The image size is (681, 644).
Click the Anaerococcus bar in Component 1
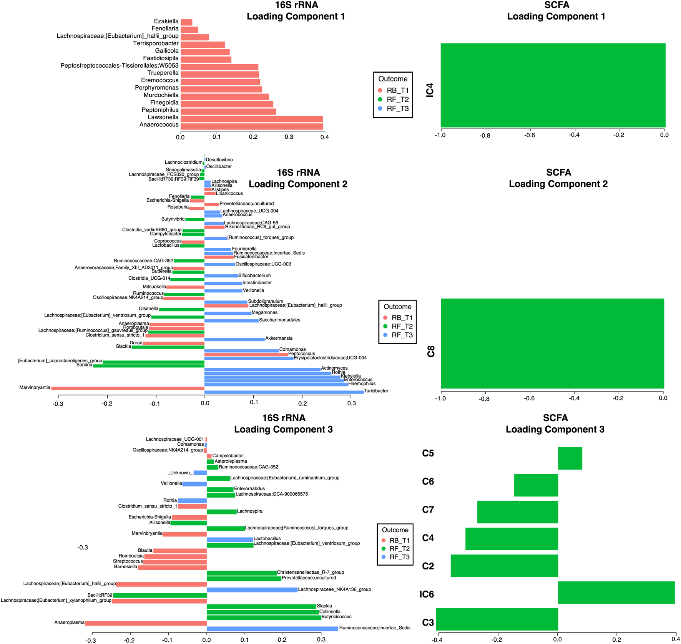[x=252, y=126]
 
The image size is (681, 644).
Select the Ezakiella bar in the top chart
[x=186, y=22]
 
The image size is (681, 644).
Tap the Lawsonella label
[x=163, y=117]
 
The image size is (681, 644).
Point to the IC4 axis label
[x=430, y=90]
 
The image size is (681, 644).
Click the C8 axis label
[x=431, y=351]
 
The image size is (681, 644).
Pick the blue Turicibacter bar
[x=284, y=392]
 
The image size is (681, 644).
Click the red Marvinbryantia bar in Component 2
[x=128, y=388]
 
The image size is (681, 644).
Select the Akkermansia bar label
[x=279, y=338]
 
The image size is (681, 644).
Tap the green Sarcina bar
[x=149, y=366]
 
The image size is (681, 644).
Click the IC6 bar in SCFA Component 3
[x=616, y=593]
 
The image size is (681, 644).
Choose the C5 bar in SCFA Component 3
[x=570, y=458]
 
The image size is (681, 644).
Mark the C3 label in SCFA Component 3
[x=428, y=622]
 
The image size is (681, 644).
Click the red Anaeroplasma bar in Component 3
[x=146, y=623]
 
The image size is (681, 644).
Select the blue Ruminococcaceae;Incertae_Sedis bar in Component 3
[x=272, y=629]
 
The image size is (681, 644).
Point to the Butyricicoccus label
[x=336, y=616]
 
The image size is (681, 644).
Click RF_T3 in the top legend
[x=397, y=109]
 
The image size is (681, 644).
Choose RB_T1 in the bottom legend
[x=399, y=540]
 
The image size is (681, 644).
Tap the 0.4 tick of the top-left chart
[x=324, y=137]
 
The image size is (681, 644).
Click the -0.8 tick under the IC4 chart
[x=485, y=136]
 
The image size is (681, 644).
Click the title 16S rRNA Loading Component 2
[x=298, y=178]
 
